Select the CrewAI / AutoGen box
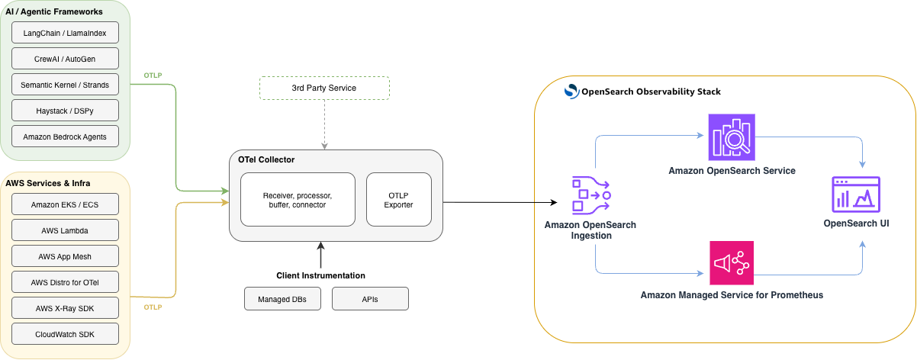pos(65,59)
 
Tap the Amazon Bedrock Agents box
pos(65,137)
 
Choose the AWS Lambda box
pos(65,230)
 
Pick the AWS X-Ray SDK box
pos(65,308)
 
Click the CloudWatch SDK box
pos(65,334)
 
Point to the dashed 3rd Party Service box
pos(324,88)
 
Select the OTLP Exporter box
pos(398,199)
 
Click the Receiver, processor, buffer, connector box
pos(298,199)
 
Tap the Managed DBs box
pos(282,299)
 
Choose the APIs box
pos(370,299)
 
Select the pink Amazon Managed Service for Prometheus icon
pos(731,263)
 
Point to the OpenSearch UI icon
pos(856,194)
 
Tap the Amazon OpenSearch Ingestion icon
pos(590,195)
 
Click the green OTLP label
pos(153,75)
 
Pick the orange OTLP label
pos(153,307)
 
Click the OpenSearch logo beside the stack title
pos(571,92)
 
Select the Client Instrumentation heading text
pos(320,275)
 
